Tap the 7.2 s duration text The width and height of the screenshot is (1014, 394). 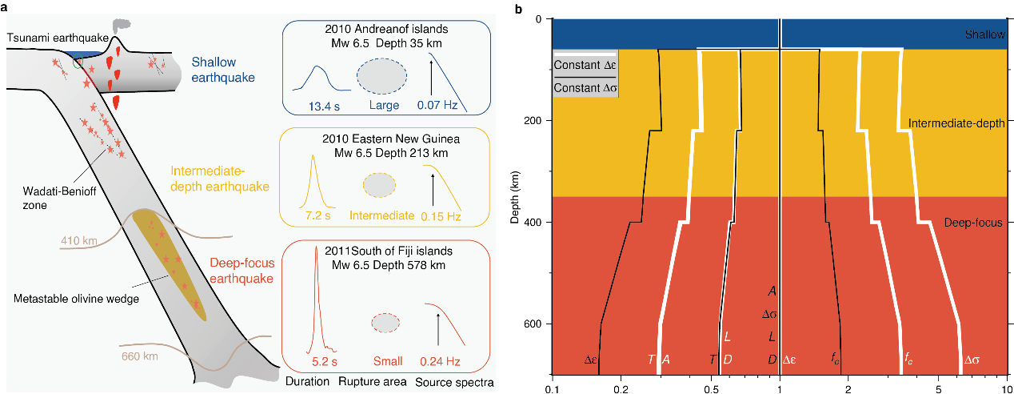click(317, 216)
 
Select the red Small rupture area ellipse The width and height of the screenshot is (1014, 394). click(386, 323)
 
